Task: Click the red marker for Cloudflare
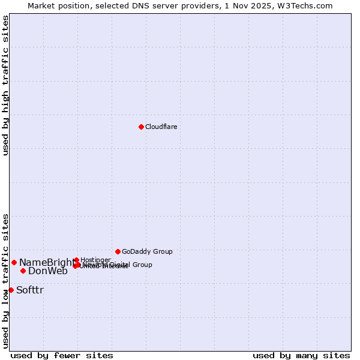[141, 127]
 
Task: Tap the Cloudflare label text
[161, 127]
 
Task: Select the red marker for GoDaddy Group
[118, 251]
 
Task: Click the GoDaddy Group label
[147, 251]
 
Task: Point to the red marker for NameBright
[14, 262]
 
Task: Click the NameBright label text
[47, 262]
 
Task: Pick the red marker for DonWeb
[23, 271]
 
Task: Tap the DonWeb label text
[48, 271]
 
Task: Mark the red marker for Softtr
[11, 290]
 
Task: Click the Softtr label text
[30, 290]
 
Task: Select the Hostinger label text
[95, 260]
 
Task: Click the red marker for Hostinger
[76, 260]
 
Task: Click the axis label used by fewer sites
[62, 355]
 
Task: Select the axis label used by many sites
[301, 355]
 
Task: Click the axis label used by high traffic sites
[5, 86]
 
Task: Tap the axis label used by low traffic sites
[5, 280]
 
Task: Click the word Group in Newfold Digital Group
[142, 265]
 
